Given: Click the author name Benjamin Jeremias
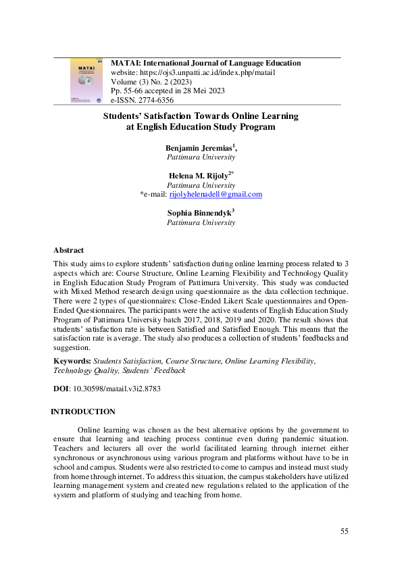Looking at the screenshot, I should (x=199, y=148).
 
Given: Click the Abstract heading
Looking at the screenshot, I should (x=68, y=250).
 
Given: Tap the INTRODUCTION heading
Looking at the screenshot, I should (x=83, y=412).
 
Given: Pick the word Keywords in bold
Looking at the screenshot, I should (x=71, y=362).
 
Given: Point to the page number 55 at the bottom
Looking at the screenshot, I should (x=344, y=532).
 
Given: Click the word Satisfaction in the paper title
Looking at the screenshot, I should (x=170, y=116).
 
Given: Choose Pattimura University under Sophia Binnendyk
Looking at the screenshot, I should (x=201, y=222).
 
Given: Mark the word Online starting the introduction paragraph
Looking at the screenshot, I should (x=90, y=429).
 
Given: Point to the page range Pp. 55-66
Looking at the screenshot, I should (x=126, y=91).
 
